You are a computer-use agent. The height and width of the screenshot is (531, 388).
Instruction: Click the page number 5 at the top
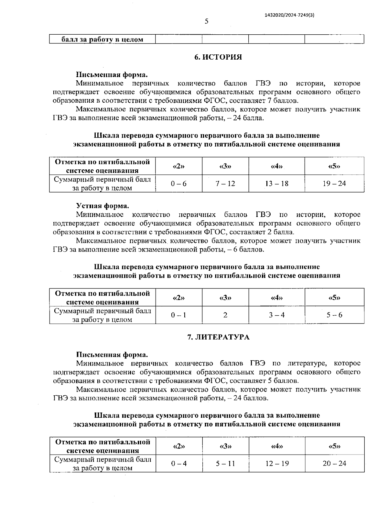[x=207, y=22]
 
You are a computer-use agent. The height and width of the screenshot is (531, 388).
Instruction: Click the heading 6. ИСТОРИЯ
[x=218, y=57]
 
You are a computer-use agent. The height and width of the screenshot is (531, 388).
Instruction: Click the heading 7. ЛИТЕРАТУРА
[x=218, y=337]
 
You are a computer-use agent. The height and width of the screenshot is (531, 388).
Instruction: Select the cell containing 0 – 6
[x=179, y=184]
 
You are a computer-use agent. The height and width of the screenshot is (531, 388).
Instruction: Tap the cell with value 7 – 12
[x=225, y=184]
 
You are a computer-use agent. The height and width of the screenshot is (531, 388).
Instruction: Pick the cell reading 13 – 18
[x=276, y=184]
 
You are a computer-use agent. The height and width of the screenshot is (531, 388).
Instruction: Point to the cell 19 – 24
[x=334, y=184]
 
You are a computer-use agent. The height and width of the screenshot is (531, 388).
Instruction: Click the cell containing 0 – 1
[x=179, y=315]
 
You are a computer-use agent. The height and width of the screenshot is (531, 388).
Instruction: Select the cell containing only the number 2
[x=225, y=315]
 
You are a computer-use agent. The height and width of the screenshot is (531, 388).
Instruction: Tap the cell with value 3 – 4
[x=276, y=315]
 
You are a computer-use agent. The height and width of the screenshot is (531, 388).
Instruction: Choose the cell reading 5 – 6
[x=334, y=315]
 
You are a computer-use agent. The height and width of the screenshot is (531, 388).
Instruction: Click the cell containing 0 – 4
[x=179, y=464]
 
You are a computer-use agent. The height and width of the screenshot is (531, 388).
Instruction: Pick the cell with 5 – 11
[x=225, y=464]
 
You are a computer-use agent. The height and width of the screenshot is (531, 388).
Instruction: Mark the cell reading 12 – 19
[x=277, y=464]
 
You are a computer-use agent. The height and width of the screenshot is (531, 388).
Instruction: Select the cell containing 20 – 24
[x=334, y=464]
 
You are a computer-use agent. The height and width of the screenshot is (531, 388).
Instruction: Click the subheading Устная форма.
[x=102, y=206]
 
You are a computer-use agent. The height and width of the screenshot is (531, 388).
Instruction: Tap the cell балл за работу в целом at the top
[x=102, y=40]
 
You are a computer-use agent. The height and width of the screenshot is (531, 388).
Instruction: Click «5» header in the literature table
[x=334, y=446]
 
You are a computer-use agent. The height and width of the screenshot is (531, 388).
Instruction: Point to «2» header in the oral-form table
[x=179, y=298]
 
